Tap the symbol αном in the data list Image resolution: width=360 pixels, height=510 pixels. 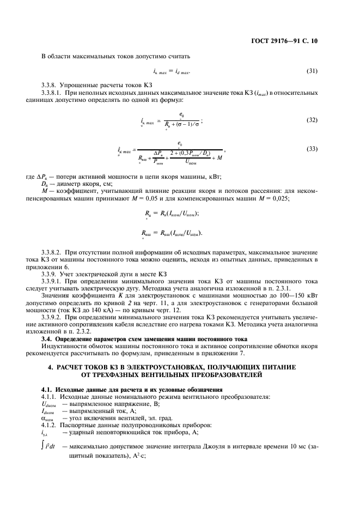pyautogui.click(x=48, y=417)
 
